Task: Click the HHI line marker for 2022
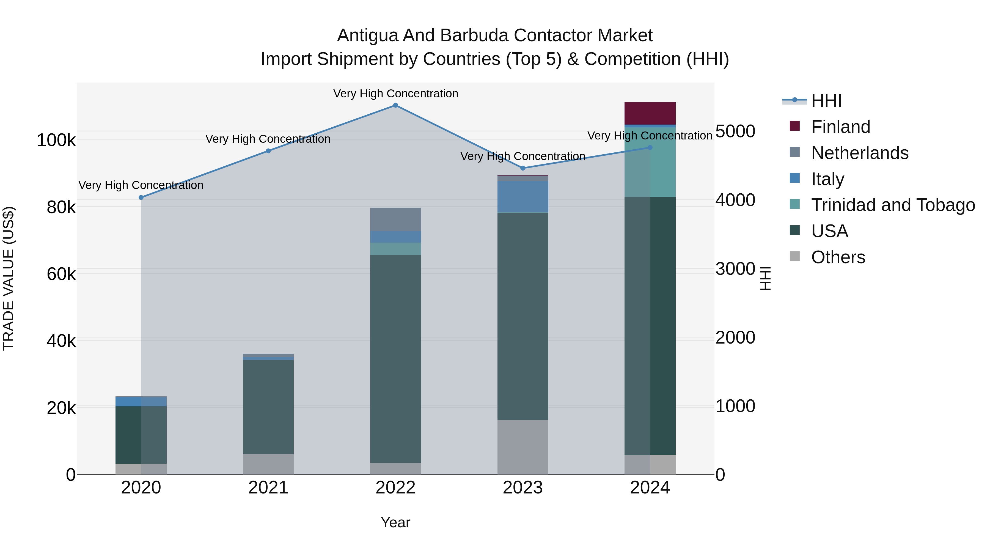pos(395,105)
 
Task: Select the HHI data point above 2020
pos(141,197)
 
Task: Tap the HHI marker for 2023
pos(523,168)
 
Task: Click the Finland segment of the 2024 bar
pos(650,113)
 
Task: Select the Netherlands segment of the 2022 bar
pos(395,219)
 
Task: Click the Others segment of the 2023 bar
pos(523,447)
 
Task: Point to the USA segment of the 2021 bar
pos(268,407)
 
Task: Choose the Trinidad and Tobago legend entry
pos(893,205)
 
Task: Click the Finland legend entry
pos(840,127)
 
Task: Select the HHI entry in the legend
pos(826,101)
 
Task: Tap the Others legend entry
pos(838,257)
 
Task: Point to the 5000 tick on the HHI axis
pos(735,131)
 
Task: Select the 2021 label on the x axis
pos(268,488)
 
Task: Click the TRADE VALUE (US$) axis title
pos(9,278)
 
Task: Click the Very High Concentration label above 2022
pos(395,94)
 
